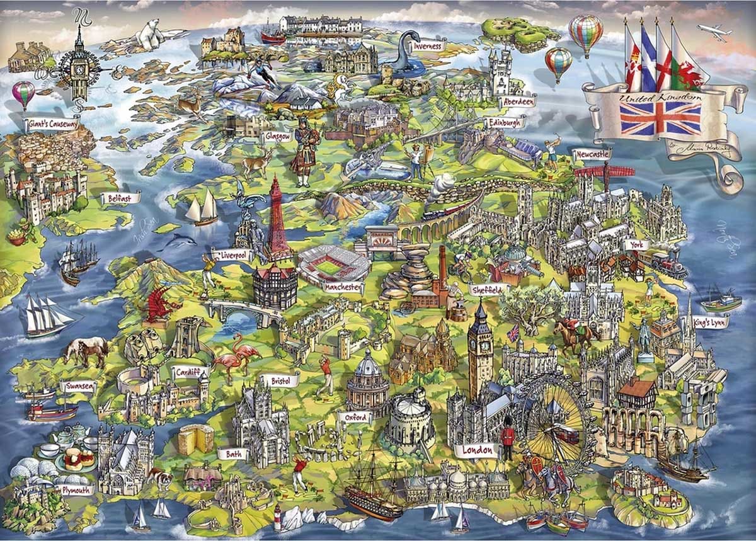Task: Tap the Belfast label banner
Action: [120, 198]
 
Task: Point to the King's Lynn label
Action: [709, 322]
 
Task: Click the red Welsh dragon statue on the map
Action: [157, 303]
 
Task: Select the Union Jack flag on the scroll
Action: [660, 117]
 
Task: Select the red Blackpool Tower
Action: [276, 217]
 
